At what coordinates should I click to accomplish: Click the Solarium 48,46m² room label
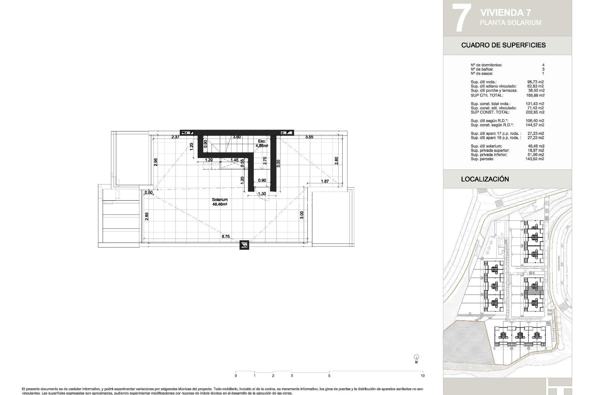tap(220, 202)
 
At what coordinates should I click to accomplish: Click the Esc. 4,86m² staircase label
tap(262, 143)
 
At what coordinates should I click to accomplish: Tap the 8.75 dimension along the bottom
tap(225, 237)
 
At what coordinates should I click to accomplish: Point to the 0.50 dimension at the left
tap(149, 193)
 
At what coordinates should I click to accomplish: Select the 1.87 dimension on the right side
tap(325, 181)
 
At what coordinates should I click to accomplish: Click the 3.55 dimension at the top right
tap(309, 137)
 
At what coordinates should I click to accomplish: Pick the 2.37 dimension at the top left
tap(175, 137)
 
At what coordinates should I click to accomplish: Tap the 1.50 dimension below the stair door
tap(262, 194)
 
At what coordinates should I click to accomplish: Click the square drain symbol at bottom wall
tap(244, 245)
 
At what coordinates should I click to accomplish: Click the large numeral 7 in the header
tap(461, 18)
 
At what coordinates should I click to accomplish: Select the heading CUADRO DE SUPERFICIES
tap(503, 45)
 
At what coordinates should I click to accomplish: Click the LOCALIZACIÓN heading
tap(485, 179)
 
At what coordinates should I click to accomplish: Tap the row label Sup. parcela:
tap(482, 159)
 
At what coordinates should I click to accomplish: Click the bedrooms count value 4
tap(543, 65)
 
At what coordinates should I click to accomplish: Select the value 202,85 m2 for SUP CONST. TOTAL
tap(535, 112)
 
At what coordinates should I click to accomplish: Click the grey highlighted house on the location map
tap(534, 291)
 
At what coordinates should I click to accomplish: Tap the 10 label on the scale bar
tap(422, 376)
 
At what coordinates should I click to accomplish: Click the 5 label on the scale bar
tap(329, 376)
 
